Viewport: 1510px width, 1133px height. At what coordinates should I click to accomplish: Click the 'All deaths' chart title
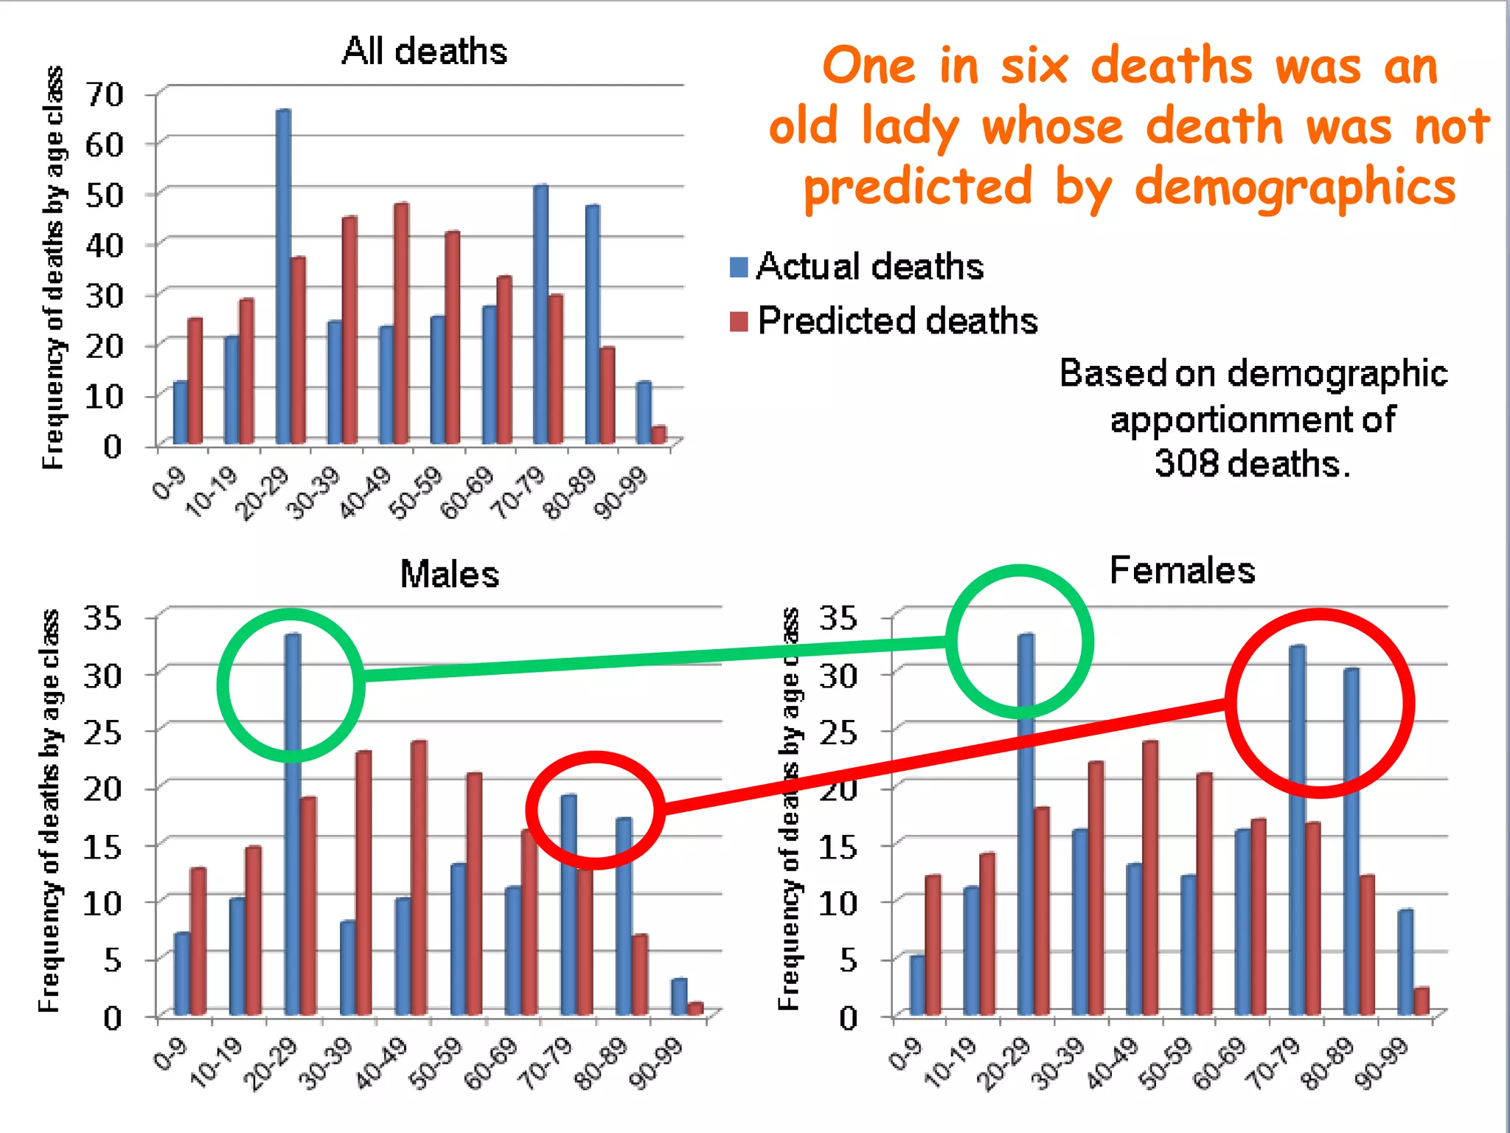[424, 52]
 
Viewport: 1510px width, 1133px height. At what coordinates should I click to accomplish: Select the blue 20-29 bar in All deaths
[283, 277]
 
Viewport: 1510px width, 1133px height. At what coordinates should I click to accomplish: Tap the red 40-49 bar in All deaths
[401, 323]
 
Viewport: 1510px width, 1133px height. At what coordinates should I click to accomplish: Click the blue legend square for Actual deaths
[739, 266]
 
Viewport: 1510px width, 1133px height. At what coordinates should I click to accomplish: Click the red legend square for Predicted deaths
[739, 322]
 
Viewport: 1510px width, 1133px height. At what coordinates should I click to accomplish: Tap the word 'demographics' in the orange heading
[1295, 187]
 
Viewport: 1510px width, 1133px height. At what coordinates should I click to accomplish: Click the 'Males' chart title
[449, 574]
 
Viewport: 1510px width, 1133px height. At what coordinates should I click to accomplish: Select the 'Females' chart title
[1182, 570]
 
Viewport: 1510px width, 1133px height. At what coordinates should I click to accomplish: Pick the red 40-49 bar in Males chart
[419, 878]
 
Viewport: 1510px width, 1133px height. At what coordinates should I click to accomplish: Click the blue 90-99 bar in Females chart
[1405, 962]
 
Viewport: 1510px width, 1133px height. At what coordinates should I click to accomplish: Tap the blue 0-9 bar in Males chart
[181, 974]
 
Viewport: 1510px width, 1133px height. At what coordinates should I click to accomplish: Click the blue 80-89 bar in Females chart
[1351, 841]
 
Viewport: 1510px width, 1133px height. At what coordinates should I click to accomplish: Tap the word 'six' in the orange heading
[1034, 66]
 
